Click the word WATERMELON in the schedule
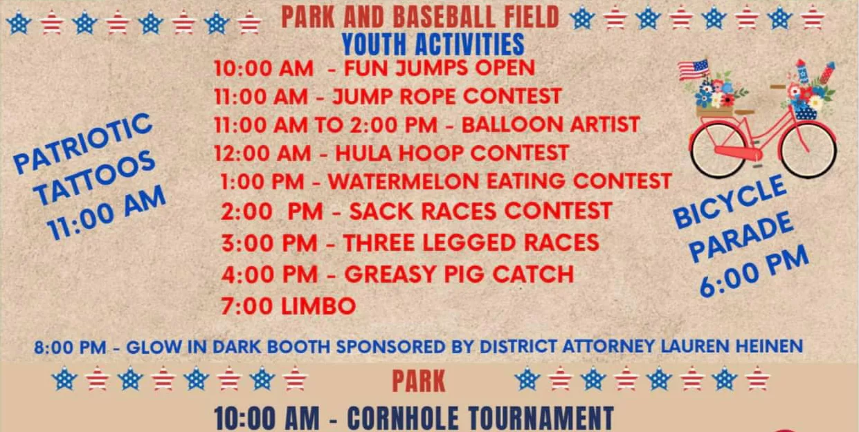pyautogui.click(x=403, y=181)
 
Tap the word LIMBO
pyautogui.click(x=318, y=306)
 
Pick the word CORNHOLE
pyautogui.click(x=403, y=418)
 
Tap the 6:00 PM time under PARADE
pyautogui.click(x=754, y=271)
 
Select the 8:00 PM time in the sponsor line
pyautogui.click(x=70, y=348)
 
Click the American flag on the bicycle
pyautogui.click(x=694, y=69)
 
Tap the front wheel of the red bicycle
pyautogui.click(x=808, y=150)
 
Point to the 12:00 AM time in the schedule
pyautogui.click(x=262, y=153)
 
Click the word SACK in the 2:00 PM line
pyautogui.click(x=380, y=212)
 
